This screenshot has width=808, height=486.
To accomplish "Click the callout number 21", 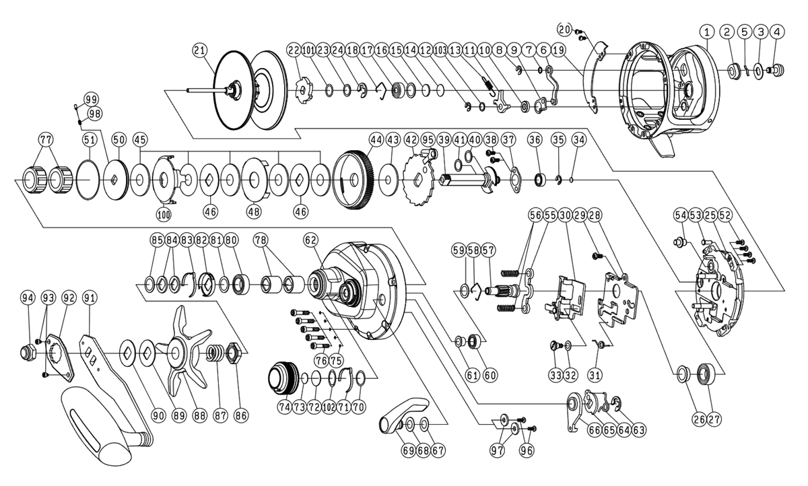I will tap(199, 50).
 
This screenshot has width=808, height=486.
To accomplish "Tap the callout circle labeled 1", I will tap(706, 31).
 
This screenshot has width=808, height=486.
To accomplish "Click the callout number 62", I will tap(310, 239).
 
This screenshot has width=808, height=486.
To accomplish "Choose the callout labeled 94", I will tap(28, 298).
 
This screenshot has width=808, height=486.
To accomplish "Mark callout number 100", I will tap(164, 214).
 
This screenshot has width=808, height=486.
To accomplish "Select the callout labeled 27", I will tap(714, 419).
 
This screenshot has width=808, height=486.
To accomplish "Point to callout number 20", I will tap(564, 28).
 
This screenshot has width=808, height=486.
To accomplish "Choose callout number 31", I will tap(596, 374).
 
